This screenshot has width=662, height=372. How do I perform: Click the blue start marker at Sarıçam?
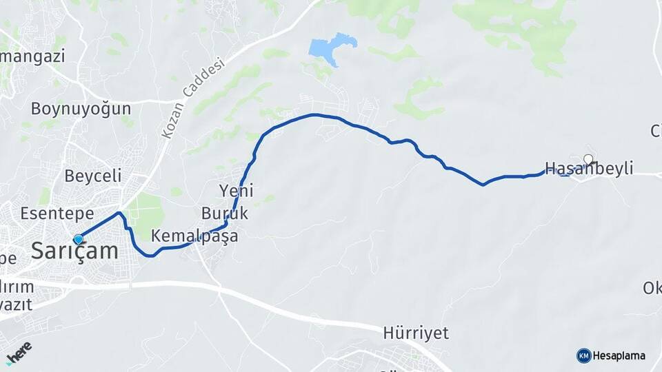pos(78,239)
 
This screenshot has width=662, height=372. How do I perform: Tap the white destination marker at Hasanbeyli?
pos(588,160)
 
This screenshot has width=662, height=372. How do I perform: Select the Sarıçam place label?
pos(74,251)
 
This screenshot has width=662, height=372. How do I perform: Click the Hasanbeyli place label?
pos(589,169)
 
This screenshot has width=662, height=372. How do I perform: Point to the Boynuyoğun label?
pos(81,108)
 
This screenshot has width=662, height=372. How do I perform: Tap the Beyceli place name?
pos(93,175)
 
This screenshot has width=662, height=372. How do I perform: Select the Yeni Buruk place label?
pos(225,200)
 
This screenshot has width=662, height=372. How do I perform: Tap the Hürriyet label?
pos(416,333)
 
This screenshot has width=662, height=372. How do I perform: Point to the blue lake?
pos(330,49)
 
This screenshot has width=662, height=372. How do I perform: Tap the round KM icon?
pos(583,355)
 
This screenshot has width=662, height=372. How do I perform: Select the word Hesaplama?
pos(619,355)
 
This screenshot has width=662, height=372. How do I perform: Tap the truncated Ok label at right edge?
pos(652,288)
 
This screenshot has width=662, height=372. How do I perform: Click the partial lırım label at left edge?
pos(17,286)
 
